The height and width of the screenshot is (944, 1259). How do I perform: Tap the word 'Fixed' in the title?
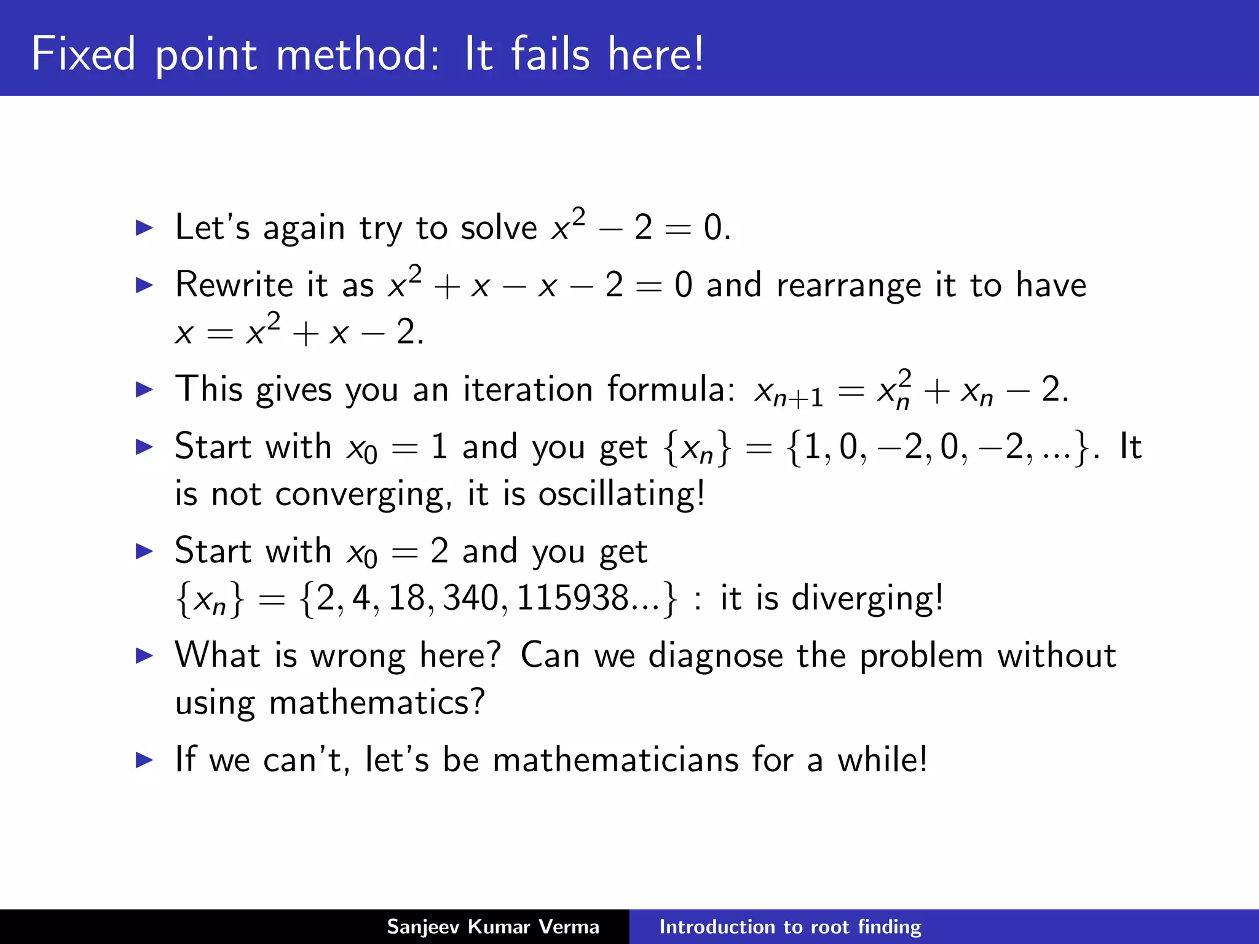pyautogui.click(x=83, y=54)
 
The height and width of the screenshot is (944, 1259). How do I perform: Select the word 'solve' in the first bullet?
pyautogui.click(x=499, y=228)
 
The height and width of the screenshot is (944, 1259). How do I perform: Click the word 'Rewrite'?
pyautogui.click(x=234, y=285)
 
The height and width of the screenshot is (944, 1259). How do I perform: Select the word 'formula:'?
pyautogui.click(x=671, y=389)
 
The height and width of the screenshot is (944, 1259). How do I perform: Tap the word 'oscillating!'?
pyautogui.click(x=622, y=494)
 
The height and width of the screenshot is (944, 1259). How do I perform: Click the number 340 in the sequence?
pyautogui.click(x=471, y=598)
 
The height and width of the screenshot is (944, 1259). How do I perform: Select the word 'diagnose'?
pyautogui.click(x=716, y=655)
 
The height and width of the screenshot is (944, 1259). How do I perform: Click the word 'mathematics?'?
pyautogui.click(x=377, y=702)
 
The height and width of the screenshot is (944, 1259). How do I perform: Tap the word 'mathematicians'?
pyautogui.click(x=615, y=760)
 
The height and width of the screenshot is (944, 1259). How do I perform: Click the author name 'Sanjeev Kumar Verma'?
pyautogui.click(x=492, y=927)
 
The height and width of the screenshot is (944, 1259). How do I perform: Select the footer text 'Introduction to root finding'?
pyautogui.click(x=790, y=927)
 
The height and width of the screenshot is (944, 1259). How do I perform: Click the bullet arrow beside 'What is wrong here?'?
pyautogui.click(x=144, y=655)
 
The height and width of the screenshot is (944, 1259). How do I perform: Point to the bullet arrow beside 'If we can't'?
pyautogui.click(x=144, y=760)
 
